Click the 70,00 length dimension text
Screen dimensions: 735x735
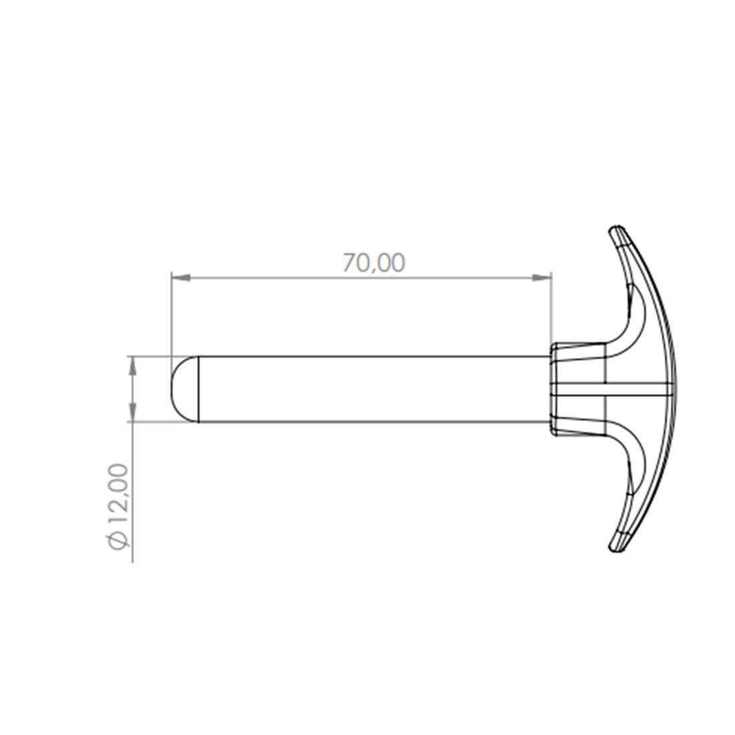tap(374, 263)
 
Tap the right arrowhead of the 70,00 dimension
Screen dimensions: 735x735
tap(542, 278)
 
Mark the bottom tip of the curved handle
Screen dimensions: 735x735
tap(615, 549)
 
